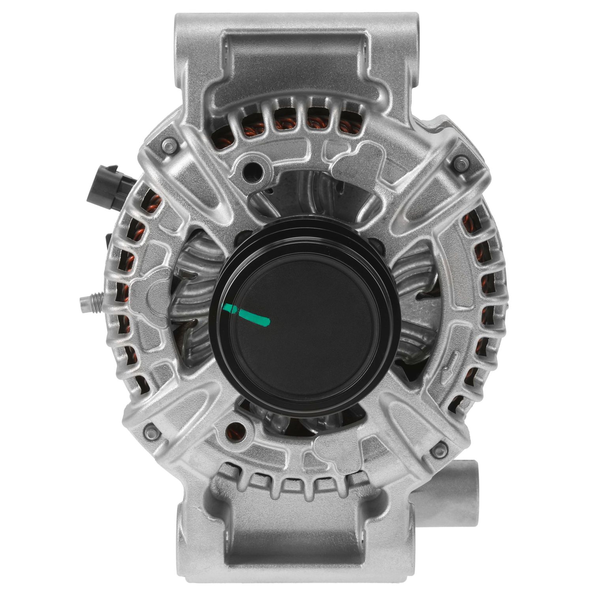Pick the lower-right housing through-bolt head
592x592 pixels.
[438, 449]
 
